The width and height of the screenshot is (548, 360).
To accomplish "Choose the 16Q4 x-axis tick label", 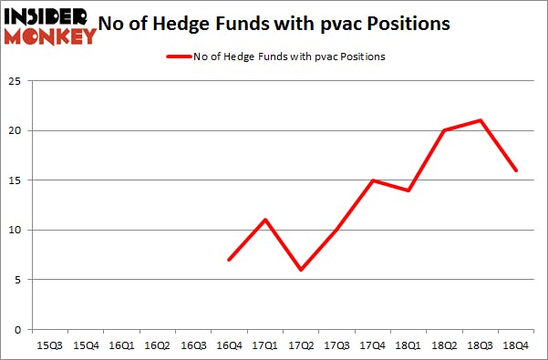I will click(229, 345).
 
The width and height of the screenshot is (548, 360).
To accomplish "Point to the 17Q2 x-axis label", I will click(300, 345).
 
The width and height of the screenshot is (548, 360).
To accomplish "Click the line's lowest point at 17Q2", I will click(300, 270).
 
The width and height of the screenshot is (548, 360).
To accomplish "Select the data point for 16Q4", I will click(229, 260).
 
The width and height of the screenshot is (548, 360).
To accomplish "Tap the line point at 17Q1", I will click(264, 220).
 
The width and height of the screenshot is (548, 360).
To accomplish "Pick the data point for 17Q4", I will click(371, 180).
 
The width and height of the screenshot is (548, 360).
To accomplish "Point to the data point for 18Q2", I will click(443, 130).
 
